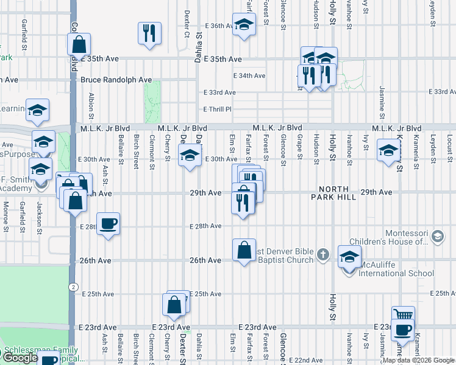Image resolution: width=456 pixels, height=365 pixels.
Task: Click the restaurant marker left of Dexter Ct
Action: pyautogui.click(x=149, y=33)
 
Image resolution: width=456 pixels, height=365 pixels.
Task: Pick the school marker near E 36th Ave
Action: pyautogui.click(x=244, y=25)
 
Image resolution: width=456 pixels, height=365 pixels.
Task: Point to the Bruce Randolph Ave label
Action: pyautogui.click(x=116, y=80)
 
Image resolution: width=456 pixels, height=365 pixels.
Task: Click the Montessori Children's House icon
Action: pyautogui.click(x=437, y=236)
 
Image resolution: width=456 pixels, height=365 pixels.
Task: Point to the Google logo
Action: pyautogui.click(x=20, y=358)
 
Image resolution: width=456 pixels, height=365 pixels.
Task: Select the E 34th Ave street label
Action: pyautogui.click(x=250, y=76)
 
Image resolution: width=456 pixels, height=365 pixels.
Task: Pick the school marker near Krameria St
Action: pyautogui.click(x=388, y=151)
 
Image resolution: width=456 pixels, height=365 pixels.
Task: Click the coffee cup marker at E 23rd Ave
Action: pyautogui.click(x=402, y=330)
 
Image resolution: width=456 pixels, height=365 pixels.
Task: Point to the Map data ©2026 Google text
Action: pyautogui.click(x=418, y=360)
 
